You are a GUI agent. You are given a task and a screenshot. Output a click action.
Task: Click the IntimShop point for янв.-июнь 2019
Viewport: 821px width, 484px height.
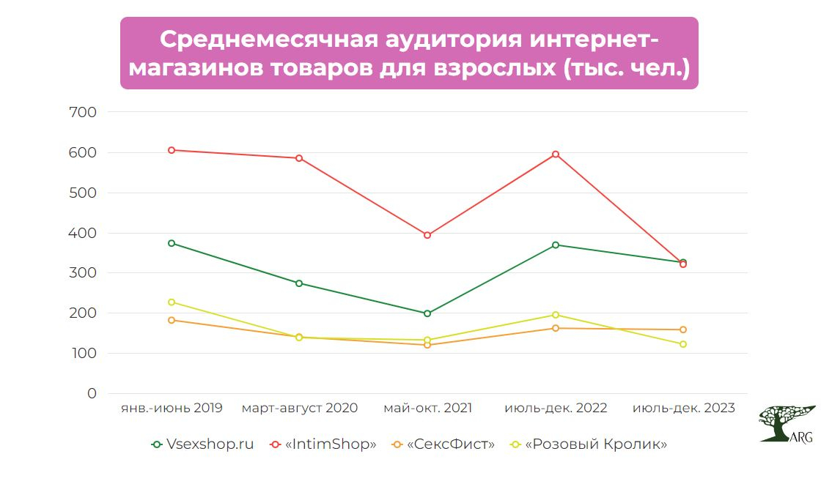click(172, 150)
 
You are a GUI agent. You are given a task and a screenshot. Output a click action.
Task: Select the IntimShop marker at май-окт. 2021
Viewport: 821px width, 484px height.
click(427, 235)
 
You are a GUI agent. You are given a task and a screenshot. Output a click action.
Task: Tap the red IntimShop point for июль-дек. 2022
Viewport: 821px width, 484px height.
click(556, 154)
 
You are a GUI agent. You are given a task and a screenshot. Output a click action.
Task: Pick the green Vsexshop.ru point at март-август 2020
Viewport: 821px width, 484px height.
click(299, 283)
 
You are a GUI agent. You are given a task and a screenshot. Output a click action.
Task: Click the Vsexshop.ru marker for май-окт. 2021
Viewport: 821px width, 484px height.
click(427, 313)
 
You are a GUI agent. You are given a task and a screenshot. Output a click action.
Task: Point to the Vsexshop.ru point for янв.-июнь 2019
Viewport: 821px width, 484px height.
click(172, 243)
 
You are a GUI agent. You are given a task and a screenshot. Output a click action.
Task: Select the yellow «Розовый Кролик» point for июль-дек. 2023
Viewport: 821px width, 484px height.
click(683, 344)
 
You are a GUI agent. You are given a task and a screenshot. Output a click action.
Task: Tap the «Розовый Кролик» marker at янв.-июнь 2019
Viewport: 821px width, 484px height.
click(172, 302)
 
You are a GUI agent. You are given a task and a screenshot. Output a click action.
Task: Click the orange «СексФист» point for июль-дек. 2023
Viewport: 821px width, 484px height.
click(683, 330)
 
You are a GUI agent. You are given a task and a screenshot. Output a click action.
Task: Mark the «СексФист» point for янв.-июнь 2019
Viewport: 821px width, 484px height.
click(172, 320)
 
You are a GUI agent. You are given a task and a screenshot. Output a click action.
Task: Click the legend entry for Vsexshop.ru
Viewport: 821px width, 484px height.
click(203, 444)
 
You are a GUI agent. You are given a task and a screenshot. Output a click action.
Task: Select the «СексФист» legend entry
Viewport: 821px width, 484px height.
click(443, 444)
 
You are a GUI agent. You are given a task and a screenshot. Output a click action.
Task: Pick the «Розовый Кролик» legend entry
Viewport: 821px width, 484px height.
click(589, 444)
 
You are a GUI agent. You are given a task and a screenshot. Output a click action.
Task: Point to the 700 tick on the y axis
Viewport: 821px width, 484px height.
click(82, 113)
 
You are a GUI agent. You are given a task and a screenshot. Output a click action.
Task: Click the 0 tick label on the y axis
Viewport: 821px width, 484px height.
click(91, 394)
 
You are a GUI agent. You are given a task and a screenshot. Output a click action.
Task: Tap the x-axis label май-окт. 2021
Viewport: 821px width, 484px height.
click(427, 409)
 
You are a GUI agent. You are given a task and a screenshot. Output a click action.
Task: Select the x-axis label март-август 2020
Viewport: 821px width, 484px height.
click(299, 409)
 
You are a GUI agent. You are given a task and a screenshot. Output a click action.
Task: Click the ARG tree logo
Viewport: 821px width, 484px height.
click(786, 423)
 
